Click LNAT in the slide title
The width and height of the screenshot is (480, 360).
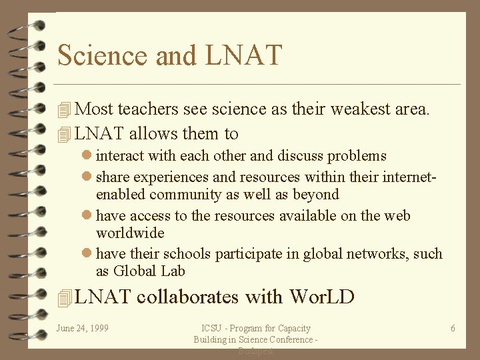(x=244, y=55)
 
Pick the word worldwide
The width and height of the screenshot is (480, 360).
(x=130, y=233)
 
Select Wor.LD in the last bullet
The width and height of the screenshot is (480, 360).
(x=321, y=296)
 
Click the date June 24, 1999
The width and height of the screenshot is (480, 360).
(x=83, y=328)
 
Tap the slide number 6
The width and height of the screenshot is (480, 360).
(x=453, y=328)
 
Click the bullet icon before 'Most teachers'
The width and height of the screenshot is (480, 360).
(x=64, y=110)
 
